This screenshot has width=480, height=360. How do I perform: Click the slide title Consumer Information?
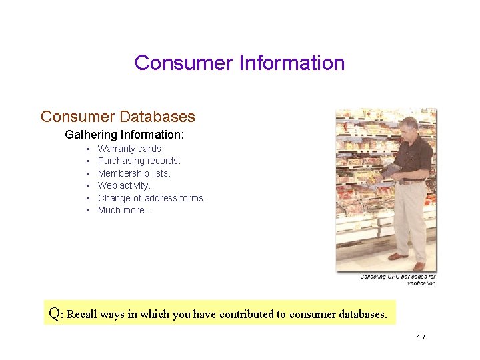(x=239, y=63)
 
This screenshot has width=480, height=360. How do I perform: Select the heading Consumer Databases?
(x=118, y=117)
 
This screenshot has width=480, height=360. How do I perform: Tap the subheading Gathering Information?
(x=124, y=135)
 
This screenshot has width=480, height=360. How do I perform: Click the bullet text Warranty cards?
(x=131, y=149)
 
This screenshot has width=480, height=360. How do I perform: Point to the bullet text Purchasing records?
(x=139, y=161)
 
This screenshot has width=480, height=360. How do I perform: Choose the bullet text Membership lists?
(x=134, y=173)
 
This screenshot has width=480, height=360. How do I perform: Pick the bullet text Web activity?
(x=124, y=185)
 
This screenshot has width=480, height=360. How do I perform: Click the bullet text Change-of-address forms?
(x=151, y=198)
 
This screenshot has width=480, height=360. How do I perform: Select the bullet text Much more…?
(x=125, y=210)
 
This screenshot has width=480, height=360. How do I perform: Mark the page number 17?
(x=421, y=338)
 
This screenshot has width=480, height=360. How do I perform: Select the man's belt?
(x=413, y=181)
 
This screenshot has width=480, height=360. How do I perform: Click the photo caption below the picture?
(x=398, y=279)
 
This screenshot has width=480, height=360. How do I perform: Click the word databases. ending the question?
(x=363, y=314)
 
